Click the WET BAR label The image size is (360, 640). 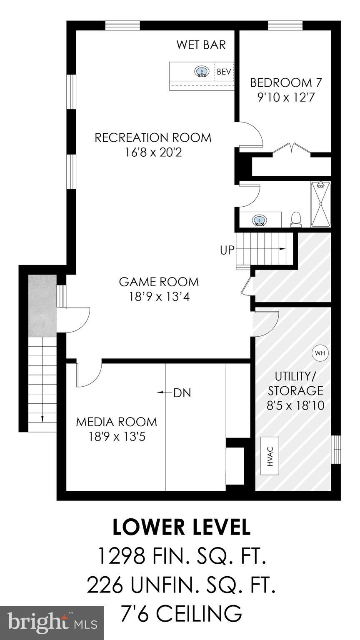[201, 45]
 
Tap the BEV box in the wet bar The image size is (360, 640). [224, 72]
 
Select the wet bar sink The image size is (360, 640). [202, 72]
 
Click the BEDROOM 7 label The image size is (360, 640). [286, 82]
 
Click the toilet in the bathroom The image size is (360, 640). [296, 219]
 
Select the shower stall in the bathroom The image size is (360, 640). [320, 204]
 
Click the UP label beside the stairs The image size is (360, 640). [227, 250]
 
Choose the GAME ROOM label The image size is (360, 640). [159, 282]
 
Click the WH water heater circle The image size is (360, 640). [320, 353]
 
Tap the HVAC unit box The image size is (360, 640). [270, 456]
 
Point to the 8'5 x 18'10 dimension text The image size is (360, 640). [296, 405]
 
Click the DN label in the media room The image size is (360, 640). [182, 392]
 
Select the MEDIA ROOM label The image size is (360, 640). [116, 422]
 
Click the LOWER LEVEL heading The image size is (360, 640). [181, 527]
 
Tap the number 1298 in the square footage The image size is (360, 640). [121, 556]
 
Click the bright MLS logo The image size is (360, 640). [52, 622]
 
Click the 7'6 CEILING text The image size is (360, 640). [181, 613]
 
